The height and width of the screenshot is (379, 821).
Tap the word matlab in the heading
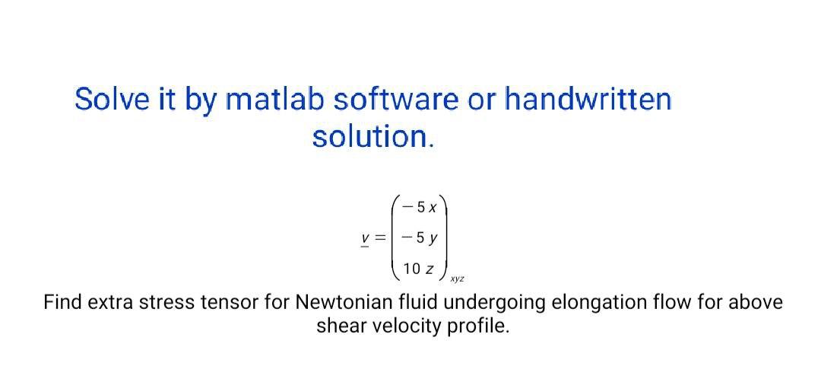276,100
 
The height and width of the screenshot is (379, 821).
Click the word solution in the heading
372,137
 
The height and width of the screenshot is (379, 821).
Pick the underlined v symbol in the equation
366,237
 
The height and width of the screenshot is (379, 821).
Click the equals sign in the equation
381,237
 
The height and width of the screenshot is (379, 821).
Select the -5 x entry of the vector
420,206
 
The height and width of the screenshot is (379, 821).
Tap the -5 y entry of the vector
420,237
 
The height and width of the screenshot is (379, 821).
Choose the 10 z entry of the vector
419,269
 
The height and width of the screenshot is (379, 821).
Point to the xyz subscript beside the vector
458,280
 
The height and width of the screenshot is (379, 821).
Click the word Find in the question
62,303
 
